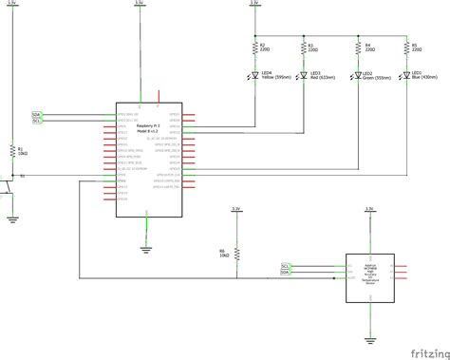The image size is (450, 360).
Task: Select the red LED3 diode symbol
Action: click(302, 76)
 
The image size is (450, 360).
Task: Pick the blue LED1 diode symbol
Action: click(406, 76)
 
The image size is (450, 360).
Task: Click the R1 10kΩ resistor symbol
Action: click(12, 151)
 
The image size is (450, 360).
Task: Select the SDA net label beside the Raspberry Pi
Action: click(37, 114)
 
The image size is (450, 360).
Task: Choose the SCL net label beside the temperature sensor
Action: click(286, 265)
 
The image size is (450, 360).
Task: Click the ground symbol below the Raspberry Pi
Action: click(144, 250)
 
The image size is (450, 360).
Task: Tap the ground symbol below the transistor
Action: click(12, 218)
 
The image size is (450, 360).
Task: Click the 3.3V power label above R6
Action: click(236, 206)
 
